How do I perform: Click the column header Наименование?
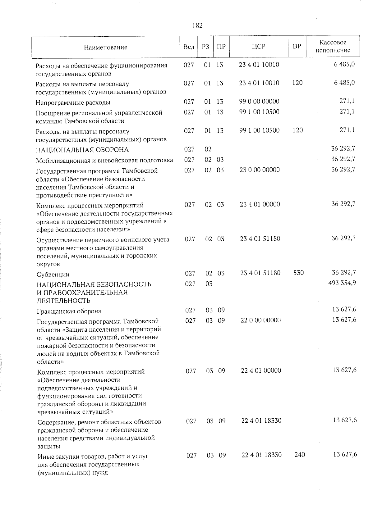click(105, 47)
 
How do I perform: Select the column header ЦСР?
click(259, 47)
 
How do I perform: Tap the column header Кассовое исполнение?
click(333, 46)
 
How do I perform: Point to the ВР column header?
click(297, 47)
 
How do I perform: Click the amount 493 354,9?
click(342, 283)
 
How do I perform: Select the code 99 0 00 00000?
click(259, 101)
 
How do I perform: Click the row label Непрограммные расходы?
click(73, 102)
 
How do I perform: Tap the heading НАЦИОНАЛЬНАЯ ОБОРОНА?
click(82, 150)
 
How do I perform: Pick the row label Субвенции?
click(53, 275)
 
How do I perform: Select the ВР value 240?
click(299, 455)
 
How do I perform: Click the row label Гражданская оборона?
click(69, 311)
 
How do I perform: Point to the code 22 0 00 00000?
click(260, 320)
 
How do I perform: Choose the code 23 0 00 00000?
click(260, 170)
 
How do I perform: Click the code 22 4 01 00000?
click(261, 370)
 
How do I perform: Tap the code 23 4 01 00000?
click(260, 204)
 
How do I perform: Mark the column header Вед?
click(189, 47)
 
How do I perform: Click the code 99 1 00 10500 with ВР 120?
click(259, 130)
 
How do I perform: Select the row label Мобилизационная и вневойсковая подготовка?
click(104, 160)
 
